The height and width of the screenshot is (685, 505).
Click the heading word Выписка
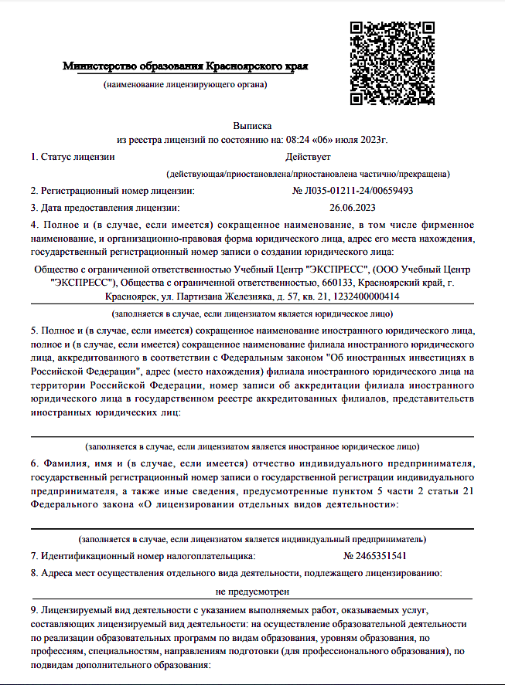[252, 125]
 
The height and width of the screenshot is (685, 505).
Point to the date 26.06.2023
[352, 207]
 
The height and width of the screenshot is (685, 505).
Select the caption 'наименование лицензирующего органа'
[186, 83]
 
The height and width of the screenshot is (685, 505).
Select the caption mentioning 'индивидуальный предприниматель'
[252, 538]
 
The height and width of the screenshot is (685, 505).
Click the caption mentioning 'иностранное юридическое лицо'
[252, 446]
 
